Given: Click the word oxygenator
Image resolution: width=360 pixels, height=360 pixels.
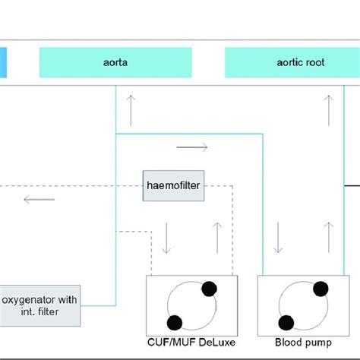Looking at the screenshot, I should click(x=30, y=298).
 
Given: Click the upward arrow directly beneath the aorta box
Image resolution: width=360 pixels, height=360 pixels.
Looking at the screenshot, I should click(x=133, y=112).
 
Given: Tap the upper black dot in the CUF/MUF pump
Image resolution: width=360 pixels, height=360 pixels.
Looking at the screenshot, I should click(x=210, y=288).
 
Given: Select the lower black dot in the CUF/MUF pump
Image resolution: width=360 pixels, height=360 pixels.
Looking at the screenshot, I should click(x=174, y=322).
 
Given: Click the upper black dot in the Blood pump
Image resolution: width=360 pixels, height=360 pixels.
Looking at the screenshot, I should click(x=321, y=287).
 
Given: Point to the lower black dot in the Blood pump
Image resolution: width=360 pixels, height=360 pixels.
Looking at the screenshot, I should click(x=287, y=322).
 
